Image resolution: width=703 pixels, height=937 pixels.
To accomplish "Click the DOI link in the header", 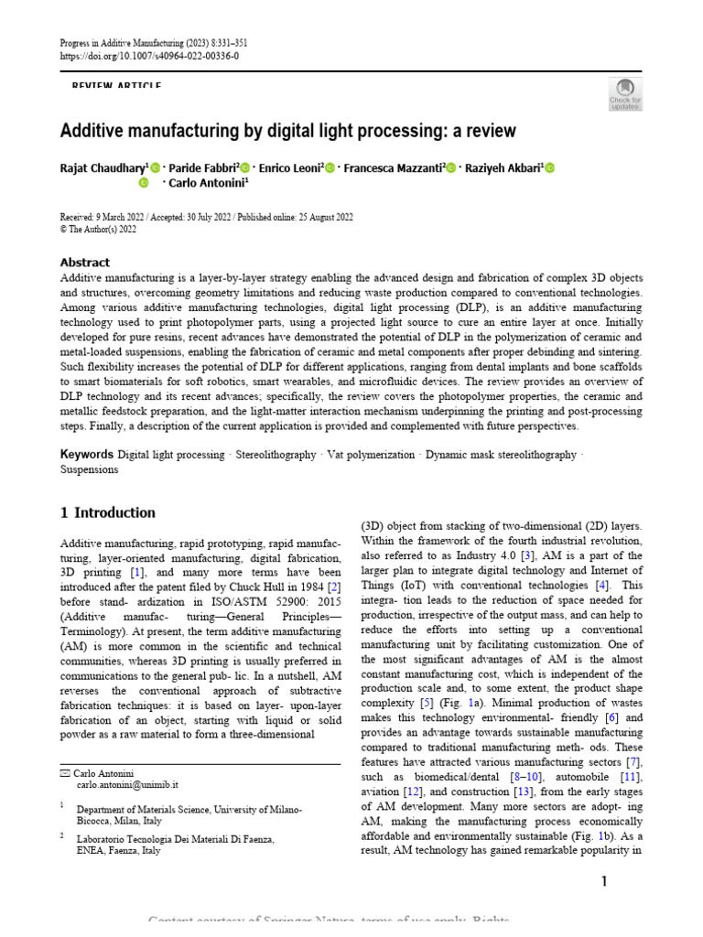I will click(x=149, y=56).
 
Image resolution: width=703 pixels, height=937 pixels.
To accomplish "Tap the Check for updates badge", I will click(x=625, y=92).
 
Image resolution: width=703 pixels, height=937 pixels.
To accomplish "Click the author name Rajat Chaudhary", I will click(x=102, y=167).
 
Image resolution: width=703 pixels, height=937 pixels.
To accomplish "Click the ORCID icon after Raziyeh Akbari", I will click(x=550, y=167).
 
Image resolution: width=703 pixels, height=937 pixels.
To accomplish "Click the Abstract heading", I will click(x=85, y=262).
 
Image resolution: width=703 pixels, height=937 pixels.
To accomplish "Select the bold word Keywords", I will click(x=87, y=455).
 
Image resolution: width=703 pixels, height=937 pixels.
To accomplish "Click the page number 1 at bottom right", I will click(x=604, y=881).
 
